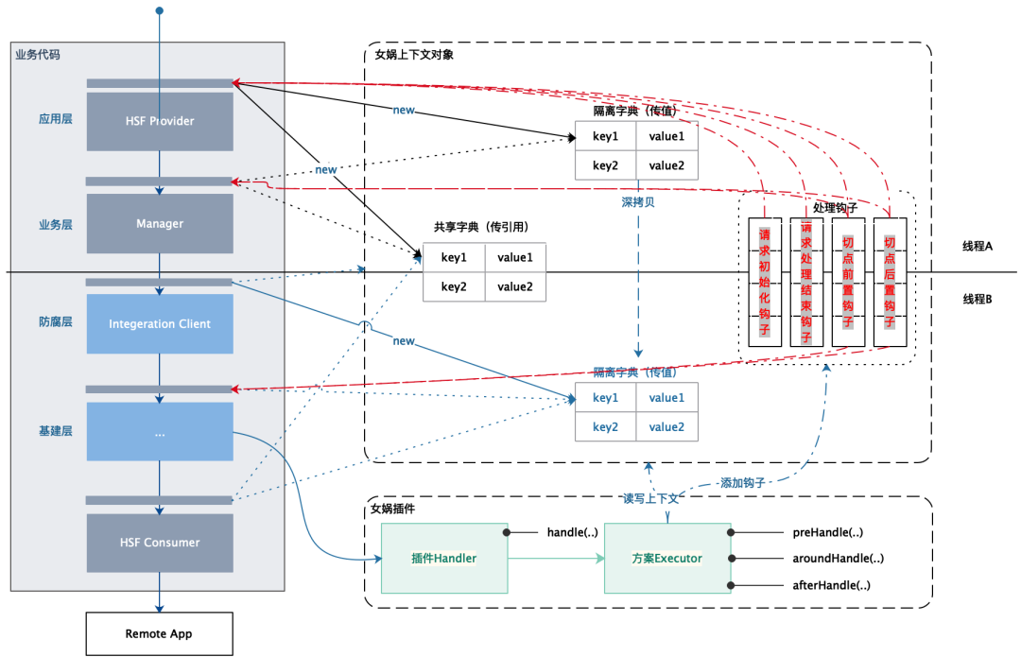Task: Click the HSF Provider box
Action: click(x=160, y=121)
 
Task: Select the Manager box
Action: click(x=160, y=223)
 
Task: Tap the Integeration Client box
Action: click(x=160, y=323)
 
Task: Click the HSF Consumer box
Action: click(x=160, y=543)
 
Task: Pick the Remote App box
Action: click(x=160, y=633)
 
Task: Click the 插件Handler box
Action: click(x=444, y=558)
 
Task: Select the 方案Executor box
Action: click(x=667, y=558)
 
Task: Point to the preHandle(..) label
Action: click(x=827, y=532)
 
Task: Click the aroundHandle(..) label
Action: click(x=838, y=558)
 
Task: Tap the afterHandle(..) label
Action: click(x=831, y=585)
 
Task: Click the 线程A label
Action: click(x=978, y=246)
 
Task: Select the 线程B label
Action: click(x=978, y=299)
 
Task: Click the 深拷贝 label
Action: click(x=638, y=202)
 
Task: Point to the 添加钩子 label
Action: click(x=742, y=483)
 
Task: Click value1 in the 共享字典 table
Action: click(x=515, y=257)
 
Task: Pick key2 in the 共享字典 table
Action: click(x=454, y=286)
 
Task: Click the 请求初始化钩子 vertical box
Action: click(x=765, y=282)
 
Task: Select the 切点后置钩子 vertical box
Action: click(x=890, y=282)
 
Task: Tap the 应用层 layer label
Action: click(x=56, y=118)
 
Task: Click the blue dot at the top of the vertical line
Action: click(x=160, y=10)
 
